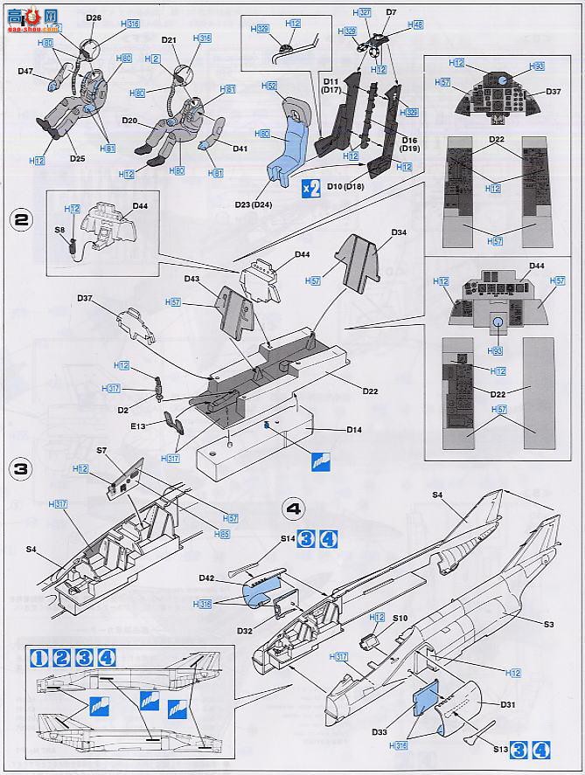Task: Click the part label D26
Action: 94,17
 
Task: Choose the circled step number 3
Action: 19,467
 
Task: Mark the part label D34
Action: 398,232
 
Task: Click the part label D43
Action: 192,279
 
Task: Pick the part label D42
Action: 206,578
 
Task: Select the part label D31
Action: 508,704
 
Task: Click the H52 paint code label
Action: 268,86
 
